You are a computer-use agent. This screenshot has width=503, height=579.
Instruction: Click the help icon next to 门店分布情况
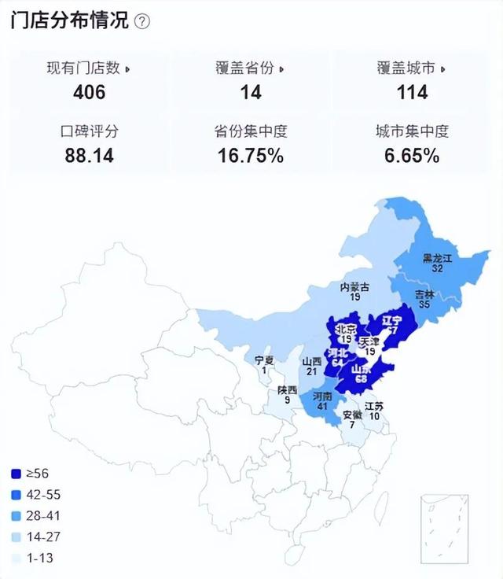pos(142,21)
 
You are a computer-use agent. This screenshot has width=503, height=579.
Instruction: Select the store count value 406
pos(89,93)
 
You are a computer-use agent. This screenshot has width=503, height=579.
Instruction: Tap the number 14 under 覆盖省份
pos(250,93)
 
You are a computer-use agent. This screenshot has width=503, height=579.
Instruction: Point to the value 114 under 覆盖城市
pos(412,93)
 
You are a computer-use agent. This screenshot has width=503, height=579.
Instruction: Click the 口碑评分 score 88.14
pos(89,156)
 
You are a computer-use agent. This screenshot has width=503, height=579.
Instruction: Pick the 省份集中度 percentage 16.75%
pos(250,156)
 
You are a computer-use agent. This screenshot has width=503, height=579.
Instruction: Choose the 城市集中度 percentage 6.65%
pos(412,156)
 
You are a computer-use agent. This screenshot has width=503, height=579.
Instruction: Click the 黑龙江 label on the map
pos(439,258)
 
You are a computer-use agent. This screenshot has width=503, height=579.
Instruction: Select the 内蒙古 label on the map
pos(355,287)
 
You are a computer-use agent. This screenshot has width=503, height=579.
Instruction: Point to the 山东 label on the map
pos(362,369)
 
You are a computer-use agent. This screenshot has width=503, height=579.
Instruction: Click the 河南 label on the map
pos(323,398)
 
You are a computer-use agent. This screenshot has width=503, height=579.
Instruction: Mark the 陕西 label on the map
pos(287,390)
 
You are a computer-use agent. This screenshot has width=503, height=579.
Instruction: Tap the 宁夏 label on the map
pos(264,360)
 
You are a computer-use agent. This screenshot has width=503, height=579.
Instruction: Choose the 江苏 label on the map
pos(374,407)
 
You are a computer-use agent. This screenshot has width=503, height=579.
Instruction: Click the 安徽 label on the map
pos(353,415)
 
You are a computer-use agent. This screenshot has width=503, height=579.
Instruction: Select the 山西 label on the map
pos(312,361)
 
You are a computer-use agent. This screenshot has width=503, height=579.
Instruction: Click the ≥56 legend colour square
pos(17,474)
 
